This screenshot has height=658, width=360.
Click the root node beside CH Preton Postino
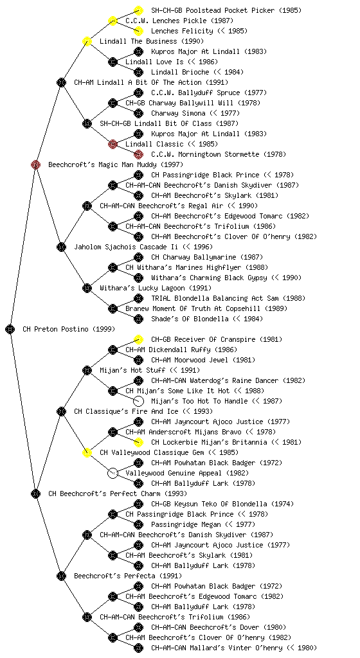[10, 330]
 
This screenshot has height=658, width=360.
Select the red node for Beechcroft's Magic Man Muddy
[35, 165]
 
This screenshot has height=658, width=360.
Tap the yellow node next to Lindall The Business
[87, 41]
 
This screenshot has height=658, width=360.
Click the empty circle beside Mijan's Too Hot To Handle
[138, 401]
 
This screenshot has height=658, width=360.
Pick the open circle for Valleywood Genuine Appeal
[113, 473]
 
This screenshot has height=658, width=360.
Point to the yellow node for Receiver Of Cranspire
[138, 339]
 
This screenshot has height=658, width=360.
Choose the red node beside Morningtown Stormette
[138, 154]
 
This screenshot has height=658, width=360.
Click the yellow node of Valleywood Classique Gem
[87, 452]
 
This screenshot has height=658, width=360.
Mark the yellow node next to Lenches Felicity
[138, 31]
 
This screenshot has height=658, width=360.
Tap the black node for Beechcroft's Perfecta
[61, 576]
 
